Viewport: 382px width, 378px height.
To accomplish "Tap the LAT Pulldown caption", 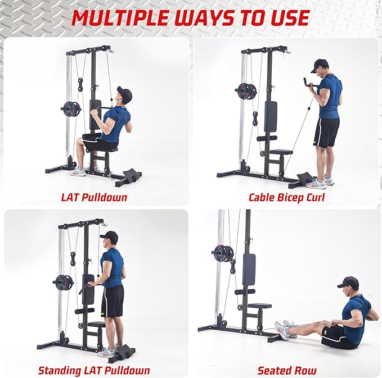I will [x=94, y=197].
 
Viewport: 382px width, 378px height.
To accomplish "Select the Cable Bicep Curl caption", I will [x=286, y=197].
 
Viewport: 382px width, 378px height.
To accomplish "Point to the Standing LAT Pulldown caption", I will [x=94, y=370].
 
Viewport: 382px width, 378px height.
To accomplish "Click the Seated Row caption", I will [x=286, y=370].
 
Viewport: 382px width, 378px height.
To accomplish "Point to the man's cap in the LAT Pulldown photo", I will [x=124, y=92].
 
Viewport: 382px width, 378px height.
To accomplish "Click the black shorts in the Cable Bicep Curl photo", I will [x=327, y=133].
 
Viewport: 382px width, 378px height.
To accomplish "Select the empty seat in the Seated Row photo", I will [x=260, y=306].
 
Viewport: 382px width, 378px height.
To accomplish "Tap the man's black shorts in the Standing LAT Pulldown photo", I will [x=112, y=301].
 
